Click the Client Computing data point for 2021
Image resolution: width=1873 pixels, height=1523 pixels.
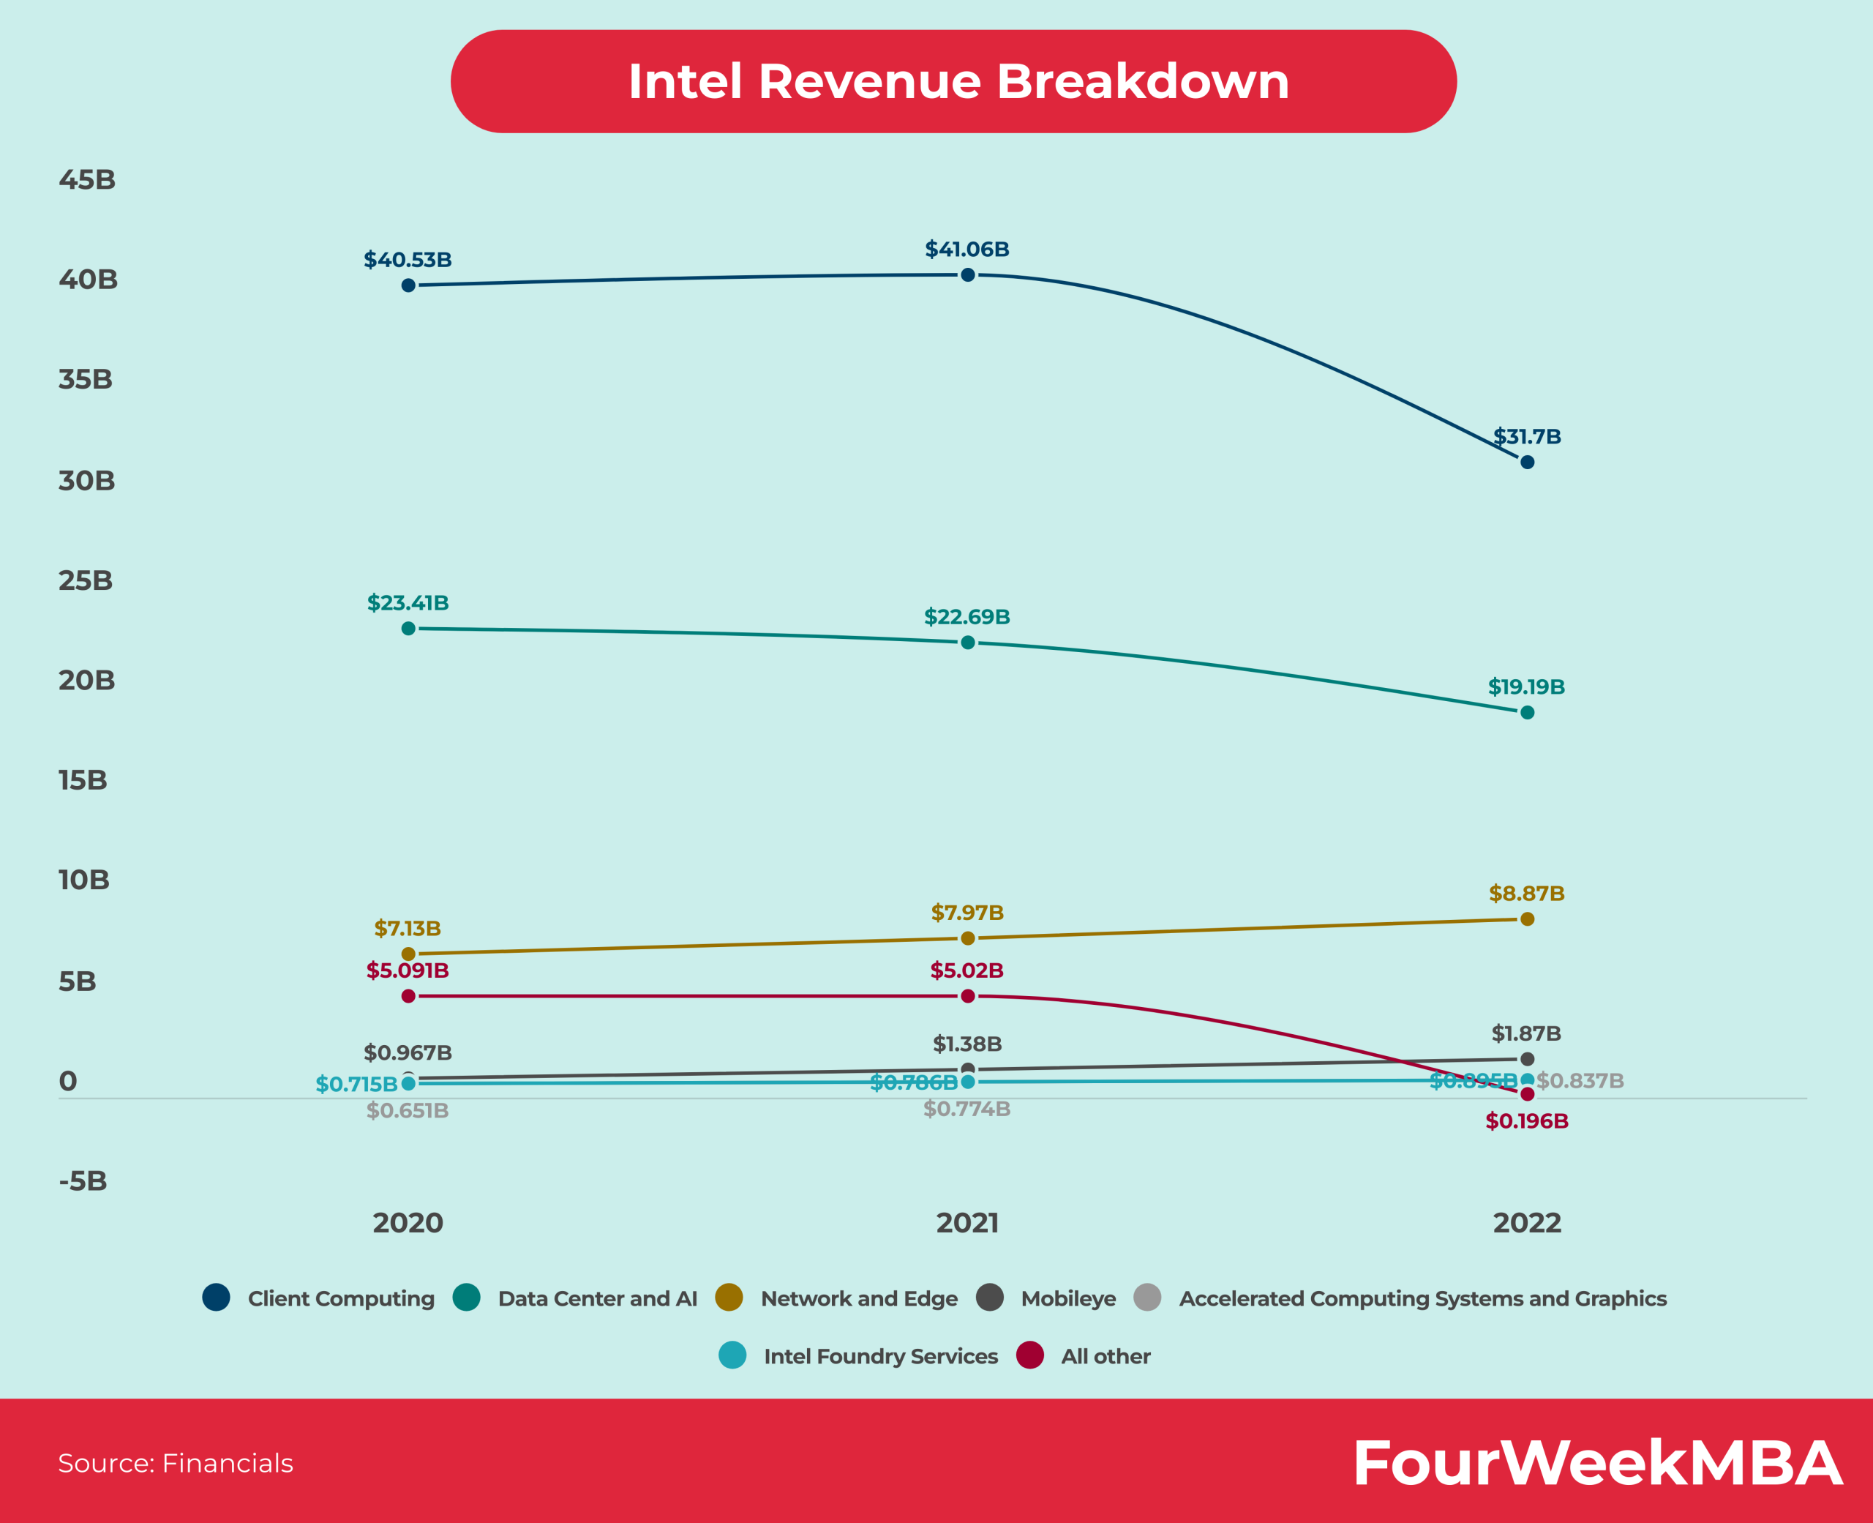pyautogui.click(x=967, y=274)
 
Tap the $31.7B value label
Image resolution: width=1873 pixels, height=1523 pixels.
pyautogui.click(x=1527, y=436)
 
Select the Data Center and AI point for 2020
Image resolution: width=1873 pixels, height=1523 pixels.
pyautogui.click(x=408, y=628)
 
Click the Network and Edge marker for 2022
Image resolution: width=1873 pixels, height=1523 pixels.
pyautogui.click(x=1527, y=918)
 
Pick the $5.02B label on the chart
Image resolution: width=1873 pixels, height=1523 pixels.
pyautogui.click(x=966, y=970)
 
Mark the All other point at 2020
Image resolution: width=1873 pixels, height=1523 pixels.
pyautogui.click(x=408, y=996)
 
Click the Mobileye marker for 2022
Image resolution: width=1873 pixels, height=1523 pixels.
pyautogui.click(x=1527, y=1059)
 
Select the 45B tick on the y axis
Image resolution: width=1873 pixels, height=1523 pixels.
pyautogui.click(x=87, y=180)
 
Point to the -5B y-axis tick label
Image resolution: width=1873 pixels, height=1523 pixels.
pyautogui.click(x=83, y=1180)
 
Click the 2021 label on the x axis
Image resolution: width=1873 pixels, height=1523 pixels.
pyautogui.click(x=967, y=1222)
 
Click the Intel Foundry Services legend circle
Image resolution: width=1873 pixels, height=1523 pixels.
pyautogui.click(x=732, y=1355)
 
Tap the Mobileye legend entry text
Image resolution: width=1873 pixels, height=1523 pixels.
pyautogui.click(x=1068, y=1298)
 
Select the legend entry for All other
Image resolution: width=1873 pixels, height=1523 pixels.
pyautogui.click(x=1105, y=1356)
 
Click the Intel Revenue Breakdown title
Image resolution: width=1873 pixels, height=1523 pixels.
pyautogui.click(x=958, y=81)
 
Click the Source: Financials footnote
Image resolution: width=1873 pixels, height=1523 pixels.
pyautogui.click(x=176, y=1463)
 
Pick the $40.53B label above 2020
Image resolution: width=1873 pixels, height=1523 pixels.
pyautogui.click(x=408, y=260)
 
